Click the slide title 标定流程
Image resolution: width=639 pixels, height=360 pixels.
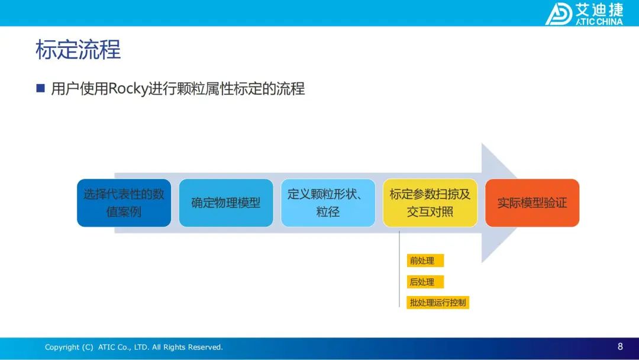tap(78, 50)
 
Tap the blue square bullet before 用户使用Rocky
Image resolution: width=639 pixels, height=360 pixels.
tap(40, 88)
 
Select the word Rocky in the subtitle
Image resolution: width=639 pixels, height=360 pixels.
tap(128, 89)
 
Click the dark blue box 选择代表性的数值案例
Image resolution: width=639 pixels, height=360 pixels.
tap(124, 202)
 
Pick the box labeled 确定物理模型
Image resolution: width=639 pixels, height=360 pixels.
tap(226, 202)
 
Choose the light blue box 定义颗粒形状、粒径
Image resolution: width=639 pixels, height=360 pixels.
tap(328, 202)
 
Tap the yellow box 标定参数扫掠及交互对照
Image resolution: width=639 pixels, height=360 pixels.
tap(430, 202)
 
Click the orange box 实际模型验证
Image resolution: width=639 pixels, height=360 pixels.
tap(532, 202)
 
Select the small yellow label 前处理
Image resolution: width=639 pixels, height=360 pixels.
tap(425, 261)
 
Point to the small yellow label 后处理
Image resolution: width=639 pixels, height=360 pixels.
tap(425, 282)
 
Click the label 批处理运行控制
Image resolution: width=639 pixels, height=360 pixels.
tap(438, 303)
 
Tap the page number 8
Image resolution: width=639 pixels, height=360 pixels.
tap(620, 346)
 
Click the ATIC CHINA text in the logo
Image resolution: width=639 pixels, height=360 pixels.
tap(599, 21)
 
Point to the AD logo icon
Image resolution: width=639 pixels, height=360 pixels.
tap(559, 14)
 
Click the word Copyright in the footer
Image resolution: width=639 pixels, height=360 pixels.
tap(62, 348)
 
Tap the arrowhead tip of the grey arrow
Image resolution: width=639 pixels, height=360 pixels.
tap(517, 202)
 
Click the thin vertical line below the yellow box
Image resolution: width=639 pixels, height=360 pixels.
tap(399, 269)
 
